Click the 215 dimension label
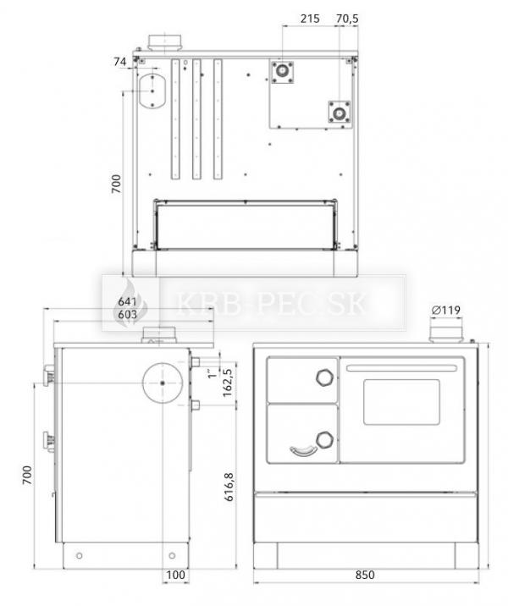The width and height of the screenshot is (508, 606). click(310, 18)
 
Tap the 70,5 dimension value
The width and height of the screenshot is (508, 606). click(347, 18)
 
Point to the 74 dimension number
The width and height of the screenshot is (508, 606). click(120, 62)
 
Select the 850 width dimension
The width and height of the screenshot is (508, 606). click(365, 575)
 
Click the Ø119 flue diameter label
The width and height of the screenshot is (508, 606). click(446, 310)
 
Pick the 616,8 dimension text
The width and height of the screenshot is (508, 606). click(229, 487)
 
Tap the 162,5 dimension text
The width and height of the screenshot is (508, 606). click(227, 383)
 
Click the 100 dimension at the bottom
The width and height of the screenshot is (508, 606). click(175, 575)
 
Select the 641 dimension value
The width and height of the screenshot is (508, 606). click(128, 301)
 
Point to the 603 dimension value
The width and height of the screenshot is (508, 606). click(128, 315)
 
